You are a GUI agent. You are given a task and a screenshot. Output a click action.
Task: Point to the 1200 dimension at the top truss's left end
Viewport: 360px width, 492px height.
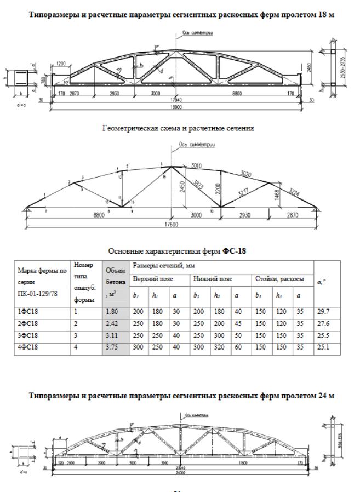(61, 64)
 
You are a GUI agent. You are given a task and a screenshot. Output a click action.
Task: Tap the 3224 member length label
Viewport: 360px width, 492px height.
(295, 193)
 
